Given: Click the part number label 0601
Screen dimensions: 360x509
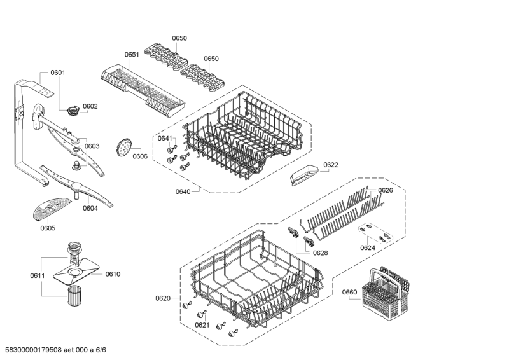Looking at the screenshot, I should point(57,73).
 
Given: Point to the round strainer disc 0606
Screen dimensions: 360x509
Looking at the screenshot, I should point(123,148).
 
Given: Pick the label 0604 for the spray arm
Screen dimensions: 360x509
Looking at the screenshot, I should point(90,208).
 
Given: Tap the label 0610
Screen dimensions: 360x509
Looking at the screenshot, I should point(113,274).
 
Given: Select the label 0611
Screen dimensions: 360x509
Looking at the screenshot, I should point(37,275).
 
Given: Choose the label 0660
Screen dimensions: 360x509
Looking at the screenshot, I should point(349,293).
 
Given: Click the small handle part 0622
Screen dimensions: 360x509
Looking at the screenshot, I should point(303,173).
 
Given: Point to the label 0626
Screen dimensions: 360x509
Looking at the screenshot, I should point(386,190).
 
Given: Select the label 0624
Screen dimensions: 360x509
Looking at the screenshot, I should point(368,248).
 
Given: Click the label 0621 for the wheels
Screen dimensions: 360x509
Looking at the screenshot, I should point(202,325).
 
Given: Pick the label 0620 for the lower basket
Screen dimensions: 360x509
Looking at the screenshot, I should point(163,298).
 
